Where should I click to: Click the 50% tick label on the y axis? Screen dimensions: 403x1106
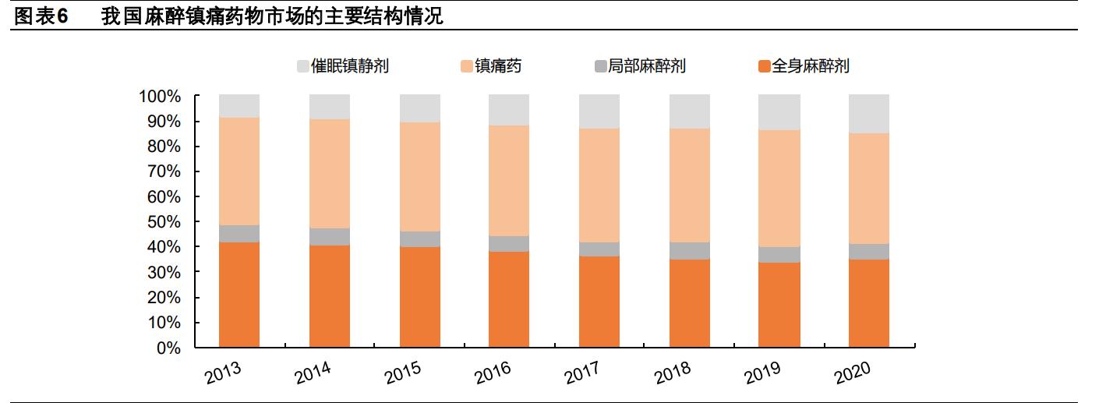click(x=164, y=222)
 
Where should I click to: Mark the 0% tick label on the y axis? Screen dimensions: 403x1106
click(x=168, y=348)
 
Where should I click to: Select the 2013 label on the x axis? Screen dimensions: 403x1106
click(x=223, y=373)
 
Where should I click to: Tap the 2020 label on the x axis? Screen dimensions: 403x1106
click(x=852, y=373)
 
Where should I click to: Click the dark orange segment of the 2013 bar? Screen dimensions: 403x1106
click(x=239, y=295)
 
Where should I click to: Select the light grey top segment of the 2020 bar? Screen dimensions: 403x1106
click(x=869, y=114)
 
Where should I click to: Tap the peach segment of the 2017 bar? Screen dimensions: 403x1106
click(x=599, y=186)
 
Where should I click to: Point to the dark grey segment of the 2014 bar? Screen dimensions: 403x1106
click(x=330, y=237)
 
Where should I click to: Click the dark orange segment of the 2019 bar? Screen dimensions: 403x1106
click(x=779, y=305)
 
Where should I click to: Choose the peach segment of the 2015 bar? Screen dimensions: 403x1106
click(x=420, y=177)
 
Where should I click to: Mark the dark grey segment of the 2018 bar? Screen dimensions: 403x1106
click(x=690, y=251)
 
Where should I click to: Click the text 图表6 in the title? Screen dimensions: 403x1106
click(x=42, y=16)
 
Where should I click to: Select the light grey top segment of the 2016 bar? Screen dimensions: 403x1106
click(x=509, y=110)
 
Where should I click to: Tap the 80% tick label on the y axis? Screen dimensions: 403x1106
click(x=164, y=147)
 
